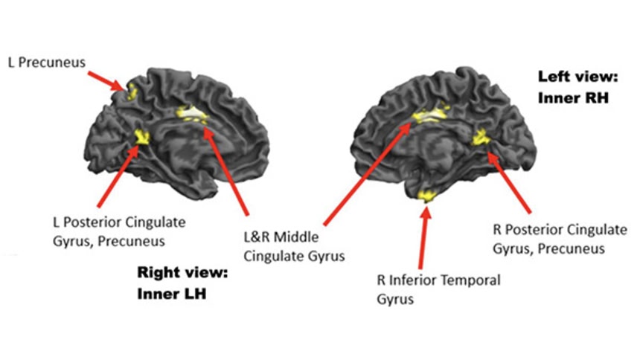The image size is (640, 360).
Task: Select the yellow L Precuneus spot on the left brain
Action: coord(132,92)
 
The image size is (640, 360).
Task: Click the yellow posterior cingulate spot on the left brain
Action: coord(141,136)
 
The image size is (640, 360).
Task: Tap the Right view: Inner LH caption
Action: coord(182,283)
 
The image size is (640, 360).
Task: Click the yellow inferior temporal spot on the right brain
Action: coord(427,196)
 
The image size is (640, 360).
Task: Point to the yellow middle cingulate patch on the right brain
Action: coord(427,115)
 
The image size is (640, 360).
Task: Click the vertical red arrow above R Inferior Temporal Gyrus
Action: coord(423,238)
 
